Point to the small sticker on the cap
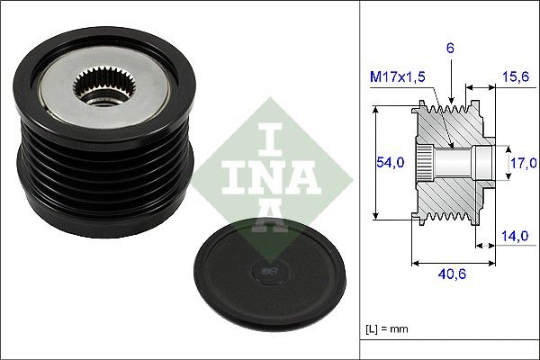tap(267, 267)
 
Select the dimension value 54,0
tap(389, 162)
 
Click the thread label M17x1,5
tap(397, 79)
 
